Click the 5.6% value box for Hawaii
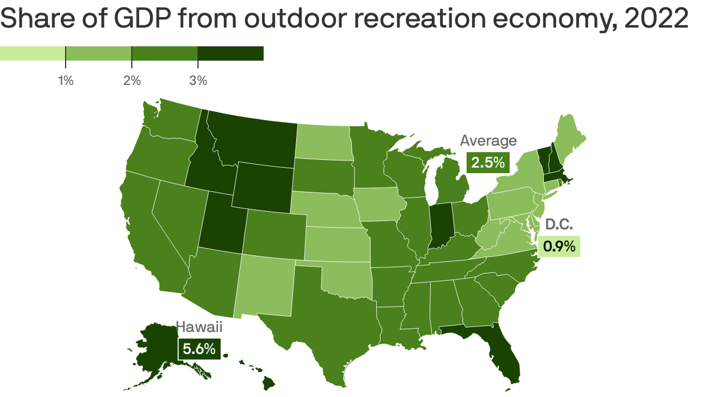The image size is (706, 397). click(199, 349)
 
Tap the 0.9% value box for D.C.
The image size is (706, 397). click(559, 247)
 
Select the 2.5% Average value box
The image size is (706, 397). click(487, 162)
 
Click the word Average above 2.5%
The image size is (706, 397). click(488, 141)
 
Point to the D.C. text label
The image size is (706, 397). click(559, 225)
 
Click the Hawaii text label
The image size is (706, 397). click(199, 327)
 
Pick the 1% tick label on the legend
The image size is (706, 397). click(66, 81)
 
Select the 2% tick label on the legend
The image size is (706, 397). click(132, 81)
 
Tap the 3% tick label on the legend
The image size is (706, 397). click(198, 81)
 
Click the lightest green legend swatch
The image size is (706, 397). click(33, 53)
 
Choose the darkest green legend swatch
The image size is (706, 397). click(231, 53)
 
